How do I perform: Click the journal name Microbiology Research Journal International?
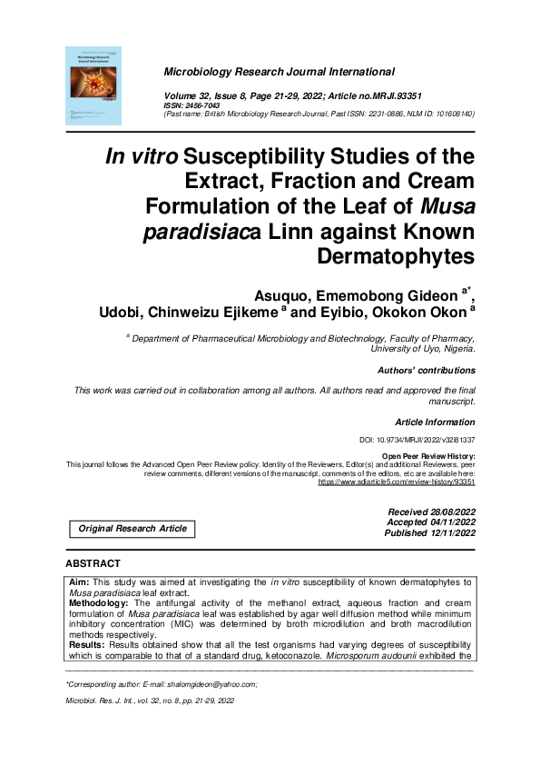pos(279,72)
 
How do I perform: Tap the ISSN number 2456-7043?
pos(200,104)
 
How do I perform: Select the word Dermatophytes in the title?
pos(396,255)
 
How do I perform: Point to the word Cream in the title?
pos(438,180)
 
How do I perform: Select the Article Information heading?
pos(435,422)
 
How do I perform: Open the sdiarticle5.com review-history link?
pos(396,482)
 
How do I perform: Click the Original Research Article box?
pos(133,529)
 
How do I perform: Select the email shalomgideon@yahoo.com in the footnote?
pos(211,683)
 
